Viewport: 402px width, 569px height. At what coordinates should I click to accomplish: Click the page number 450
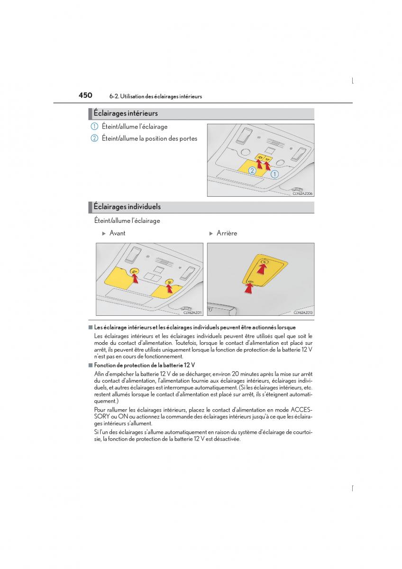pos(85,95)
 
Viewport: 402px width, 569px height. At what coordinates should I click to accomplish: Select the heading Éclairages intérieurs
pos(126,114)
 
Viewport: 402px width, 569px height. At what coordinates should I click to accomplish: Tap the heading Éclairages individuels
pos(127,207)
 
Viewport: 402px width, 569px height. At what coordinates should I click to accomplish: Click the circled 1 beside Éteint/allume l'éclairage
pos(94,127)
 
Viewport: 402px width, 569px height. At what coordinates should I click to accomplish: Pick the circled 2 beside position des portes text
pos(94,138)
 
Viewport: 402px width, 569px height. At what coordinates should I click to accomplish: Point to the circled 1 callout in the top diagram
pos(274,174)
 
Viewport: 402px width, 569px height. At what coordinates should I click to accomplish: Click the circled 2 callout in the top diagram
pos(252,170)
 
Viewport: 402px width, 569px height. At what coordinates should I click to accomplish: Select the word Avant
pos(118,233)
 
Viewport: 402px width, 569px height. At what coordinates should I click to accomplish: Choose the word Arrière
pos(227,233)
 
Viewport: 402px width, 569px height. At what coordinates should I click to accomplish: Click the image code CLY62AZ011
pos(192,312)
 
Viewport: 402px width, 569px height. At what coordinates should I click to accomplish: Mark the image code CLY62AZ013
pos(303,312)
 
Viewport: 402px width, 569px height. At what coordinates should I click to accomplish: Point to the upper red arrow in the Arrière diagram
pos(262,268)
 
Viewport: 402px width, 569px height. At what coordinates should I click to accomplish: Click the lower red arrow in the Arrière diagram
pos(248,289)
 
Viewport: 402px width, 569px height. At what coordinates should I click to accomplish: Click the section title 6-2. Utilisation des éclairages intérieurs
pos(155,97)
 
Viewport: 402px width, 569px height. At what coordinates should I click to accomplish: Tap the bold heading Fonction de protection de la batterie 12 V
pos(145,365)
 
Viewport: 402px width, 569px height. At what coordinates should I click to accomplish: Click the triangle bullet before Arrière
pos(211,233)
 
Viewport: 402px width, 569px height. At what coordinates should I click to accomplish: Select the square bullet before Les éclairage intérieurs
pos(90,327)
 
